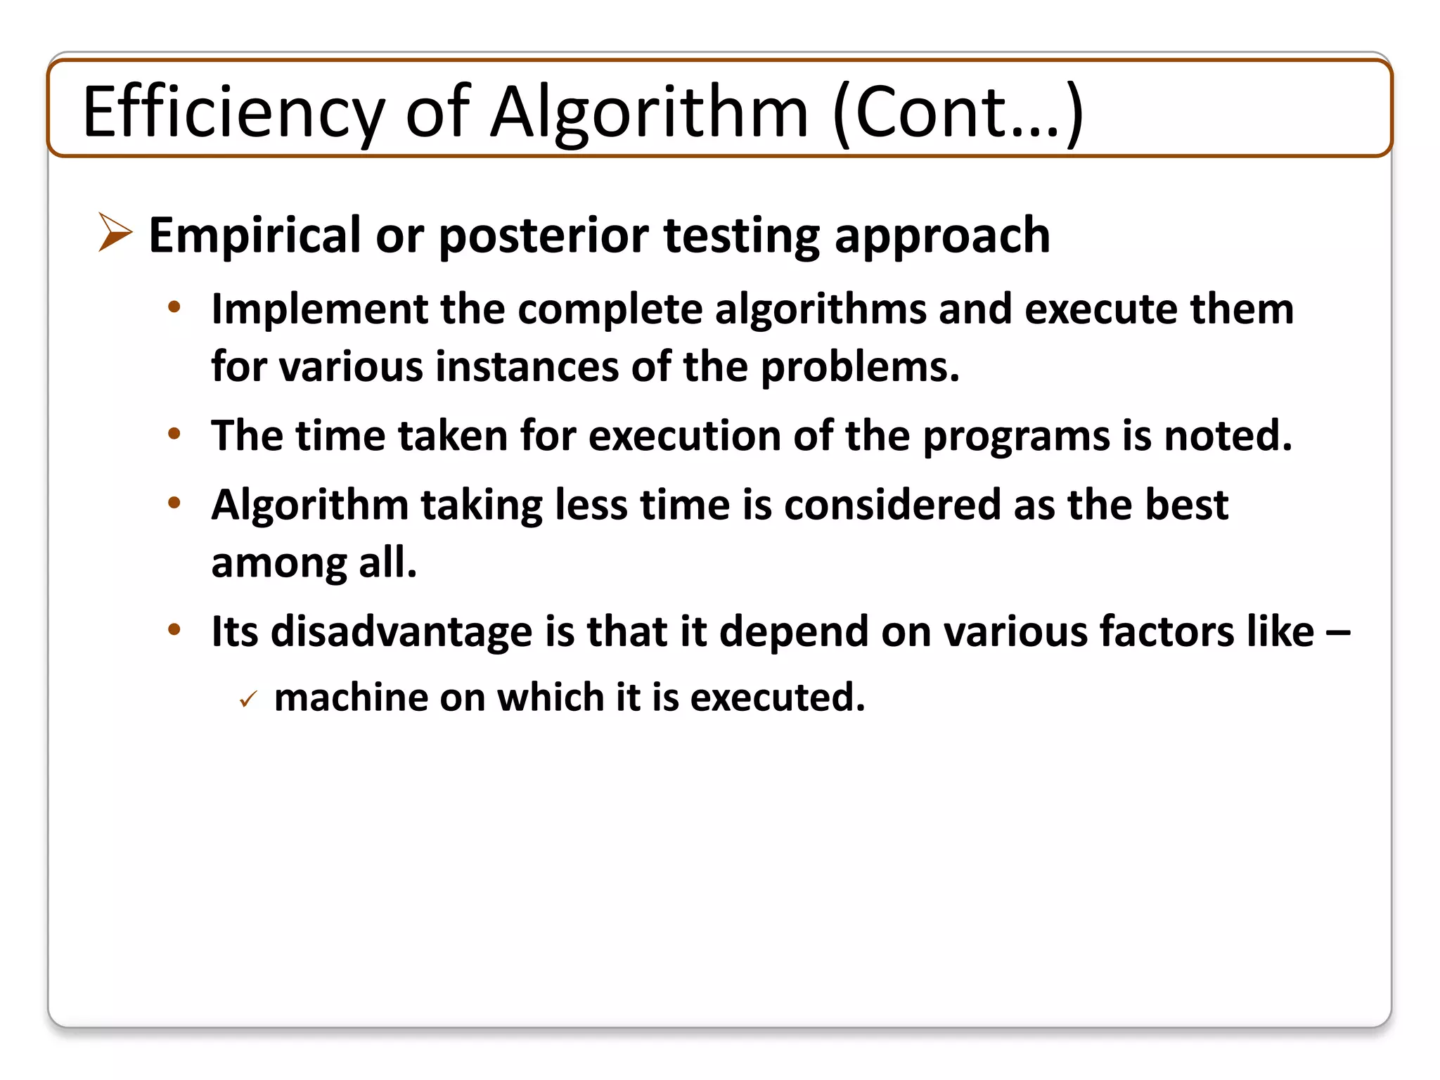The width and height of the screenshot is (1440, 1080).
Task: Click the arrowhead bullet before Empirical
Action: (x=115, y=232)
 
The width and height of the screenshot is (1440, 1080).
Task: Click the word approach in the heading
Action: (x=942, y=236)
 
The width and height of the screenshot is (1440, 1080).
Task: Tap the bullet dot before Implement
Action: (x=174, y=307)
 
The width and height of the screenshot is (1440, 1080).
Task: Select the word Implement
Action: (x=320, y=309)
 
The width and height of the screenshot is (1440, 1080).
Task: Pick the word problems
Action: (x=860, y=367)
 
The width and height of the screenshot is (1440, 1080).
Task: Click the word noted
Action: (x=1228, y=436)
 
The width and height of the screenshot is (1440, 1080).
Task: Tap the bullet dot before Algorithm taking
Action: (x=174, y=503)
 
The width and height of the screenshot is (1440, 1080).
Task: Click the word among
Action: (x=278, y=562)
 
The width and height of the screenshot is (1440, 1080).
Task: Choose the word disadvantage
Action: (x=401, y=631)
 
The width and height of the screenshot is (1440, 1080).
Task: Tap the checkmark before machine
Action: (x=248, y=700)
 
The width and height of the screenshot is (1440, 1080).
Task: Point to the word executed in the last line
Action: (x=777, y=697)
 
